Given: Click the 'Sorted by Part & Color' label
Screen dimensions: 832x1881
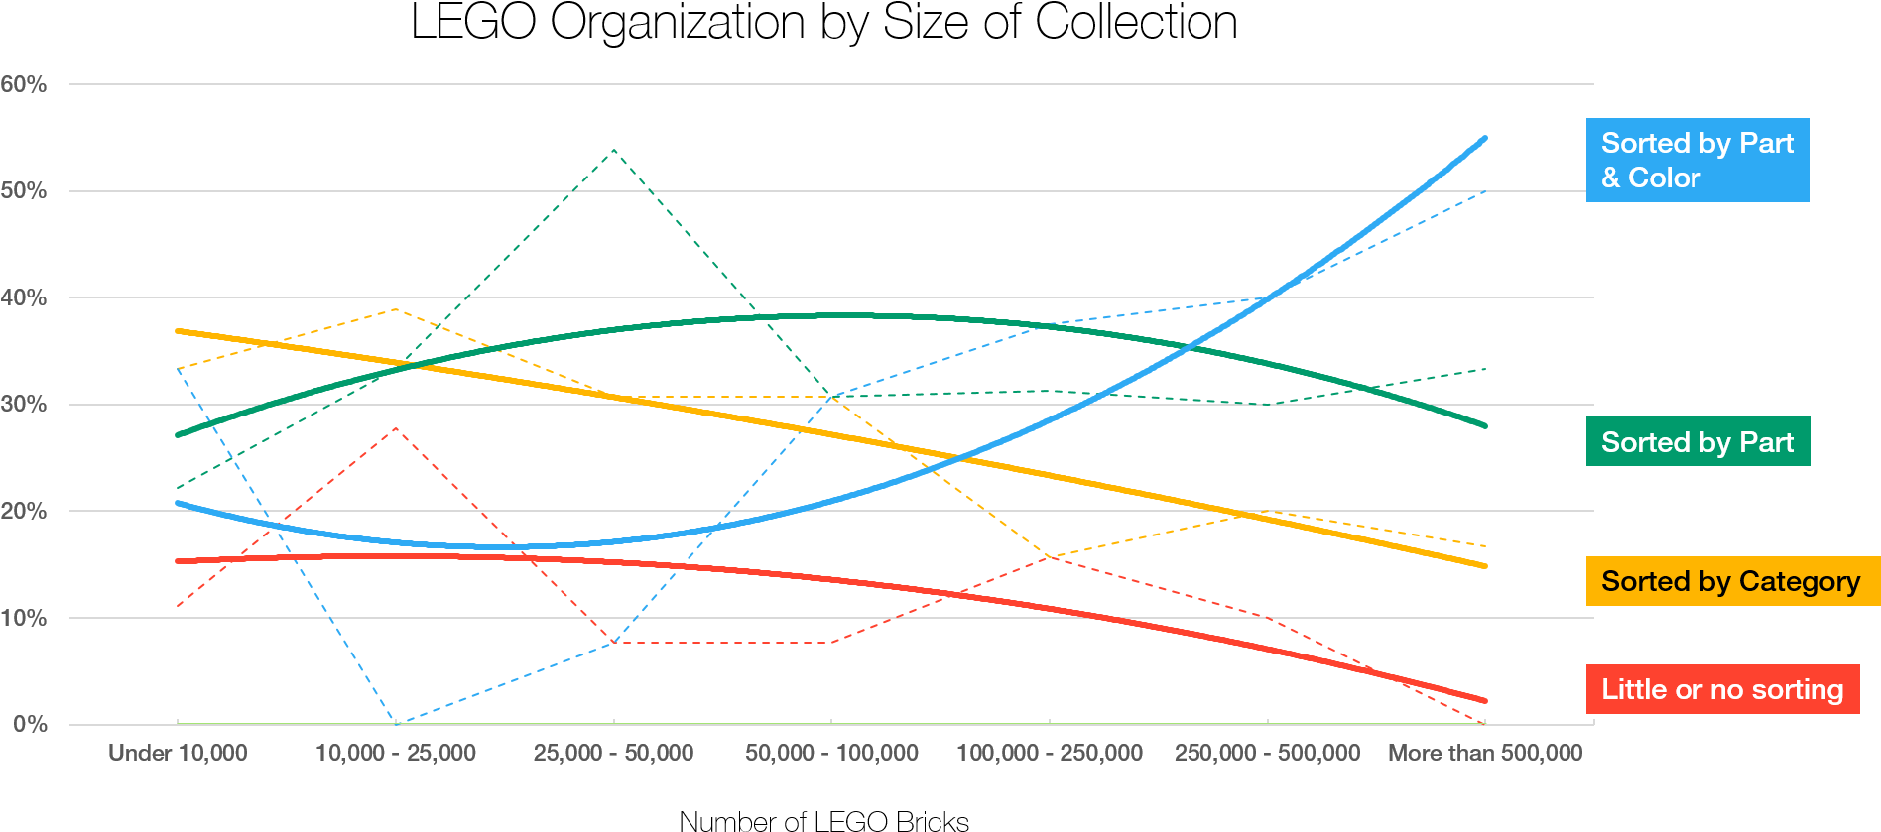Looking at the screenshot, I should tap(1696, 161).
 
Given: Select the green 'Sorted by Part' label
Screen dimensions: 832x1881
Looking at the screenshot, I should tap(1697, 442).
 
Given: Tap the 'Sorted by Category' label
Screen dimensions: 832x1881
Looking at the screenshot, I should tap(1731, 581).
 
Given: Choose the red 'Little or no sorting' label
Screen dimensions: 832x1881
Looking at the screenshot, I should tap(1722, 689).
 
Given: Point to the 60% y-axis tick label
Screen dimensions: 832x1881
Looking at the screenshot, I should tap(24, 84).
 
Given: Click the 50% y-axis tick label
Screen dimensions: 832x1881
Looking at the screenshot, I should tap(24, 190).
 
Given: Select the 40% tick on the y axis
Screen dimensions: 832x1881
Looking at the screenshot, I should tap(24, 297).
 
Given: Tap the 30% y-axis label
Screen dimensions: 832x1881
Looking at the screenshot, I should tap(24, 404).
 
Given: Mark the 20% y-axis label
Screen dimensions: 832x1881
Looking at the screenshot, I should tap(24, 511).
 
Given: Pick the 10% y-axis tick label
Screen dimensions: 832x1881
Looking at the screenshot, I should tap(24, 618).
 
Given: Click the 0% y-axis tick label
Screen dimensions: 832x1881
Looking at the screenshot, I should tap(30, 724).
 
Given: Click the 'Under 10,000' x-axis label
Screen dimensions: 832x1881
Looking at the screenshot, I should tap(178, 753).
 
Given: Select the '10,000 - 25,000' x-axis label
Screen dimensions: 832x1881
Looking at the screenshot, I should tap(396, 753).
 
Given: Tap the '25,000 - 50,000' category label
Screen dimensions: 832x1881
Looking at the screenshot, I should tap(613, 753).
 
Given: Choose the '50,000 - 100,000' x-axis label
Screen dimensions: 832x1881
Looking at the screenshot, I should tap(831, 753).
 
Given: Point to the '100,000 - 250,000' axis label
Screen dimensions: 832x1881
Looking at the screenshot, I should tap(1050, 753).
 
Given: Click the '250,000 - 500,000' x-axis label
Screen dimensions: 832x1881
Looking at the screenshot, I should tap(1267, 753).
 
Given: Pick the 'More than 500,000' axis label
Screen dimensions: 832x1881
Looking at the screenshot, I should tap(1485, 753).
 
